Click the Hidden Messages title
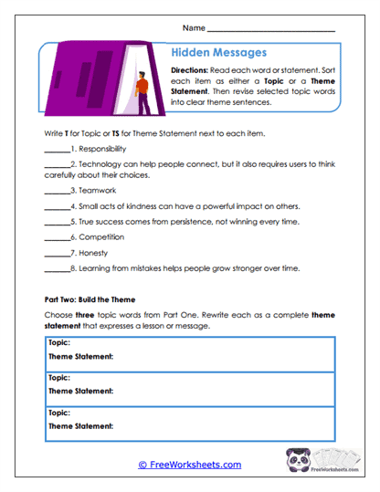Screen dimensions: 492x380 pos(220,54)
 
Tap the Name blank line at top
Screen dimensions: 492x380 pos(271,29)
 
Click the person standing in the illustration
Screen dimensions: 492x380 pos(141,95)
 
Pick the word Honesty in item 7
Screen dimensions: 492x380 pos(92,252)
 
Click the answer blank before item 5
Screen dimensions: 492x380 pos(57,221)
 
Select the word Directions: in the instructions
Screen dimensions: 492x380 pos(193,70)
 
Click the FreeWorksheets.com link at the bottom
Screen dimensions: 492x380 pos(190,465)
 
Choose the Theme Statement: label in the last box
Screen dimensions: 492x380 pos(80,425)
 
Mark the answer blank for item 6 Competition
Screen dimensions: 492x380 pos(57,236)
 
